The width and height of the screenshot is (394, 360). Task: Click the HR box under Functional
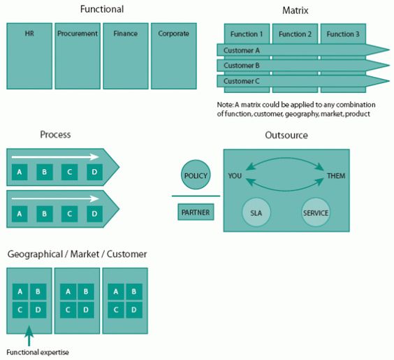[x=29, y=56]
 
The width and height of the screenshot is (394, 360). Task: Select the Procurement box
[x=78, y=56]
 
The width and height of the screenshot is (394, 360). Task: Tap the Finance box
[x=126, y=56]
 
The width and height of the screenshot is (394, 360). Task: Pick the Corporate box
[x=173, y=56]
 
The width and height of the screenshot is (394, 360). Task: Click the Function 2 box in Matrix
[x=295, y=34]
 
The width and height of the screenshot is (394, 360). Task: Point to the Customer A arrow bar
[x=300, y=50]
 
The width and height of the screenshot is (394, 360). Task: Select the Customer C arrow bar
[x=300, y=82]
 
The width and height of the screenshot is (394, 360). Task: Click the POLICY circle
[x=196, y=175]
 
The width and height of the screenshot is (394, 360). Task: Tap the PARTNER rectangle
[x=196, y=213]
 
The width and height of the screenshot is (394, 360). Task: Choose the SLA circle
[x=256, y=213]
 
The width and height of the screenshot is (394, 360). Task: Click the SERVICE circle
[x=316, y=213]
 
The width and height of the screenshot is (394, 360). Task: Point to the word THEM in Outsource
[x=336, y=175]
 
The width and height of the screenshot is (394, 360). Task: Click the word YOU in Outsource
[x=235, y=175]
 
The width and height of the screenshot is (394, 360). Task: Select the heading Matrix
[x=295, y=10]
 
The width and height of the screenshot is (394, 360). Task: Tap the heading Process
[x=55, y=134]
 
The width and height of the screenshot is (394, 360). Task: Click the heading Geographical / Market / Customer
[x=77, y=254]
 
